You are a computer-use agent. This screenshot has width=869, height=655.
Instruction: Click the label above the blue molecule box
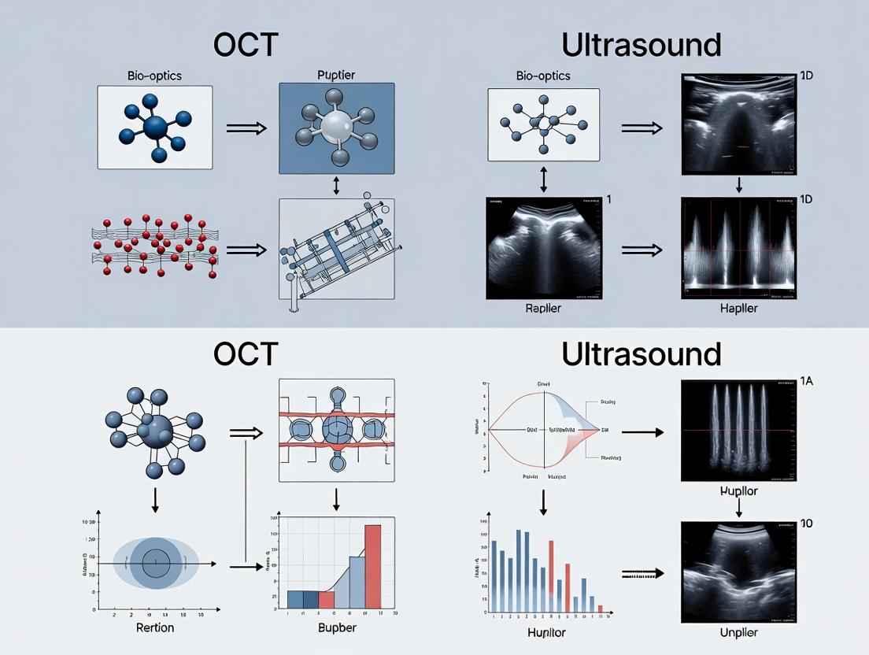(x=336, y=76)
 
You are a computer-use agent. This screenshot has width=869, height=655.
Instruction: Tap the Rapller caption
(x=542, y=308)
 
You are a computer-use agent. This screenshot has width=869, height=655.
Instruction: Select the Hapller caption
(x=738, y=308)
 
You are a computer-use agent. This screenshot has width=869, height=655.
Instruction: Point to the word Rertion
(x=155, y=627)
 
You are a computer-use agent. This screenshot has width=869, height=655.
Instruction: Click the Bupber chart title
(x=337, y=627)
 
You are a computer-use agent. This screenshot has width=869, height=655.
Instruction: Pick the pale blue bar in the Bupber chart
(x=357, y=583)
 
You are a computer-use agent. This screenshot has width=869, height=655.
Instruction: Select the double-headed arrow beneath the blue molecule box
(x=337, y=186)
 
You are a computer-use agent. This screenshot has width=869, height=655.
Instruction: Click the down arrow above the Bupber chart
(x=337, y=498)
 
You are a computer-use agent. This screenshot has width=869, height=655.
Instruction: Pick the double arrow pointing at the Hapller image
(x=639, y=250)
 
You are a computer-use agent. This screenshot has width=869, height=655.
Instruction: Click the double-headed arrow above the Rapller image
(x=543, y=179)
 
